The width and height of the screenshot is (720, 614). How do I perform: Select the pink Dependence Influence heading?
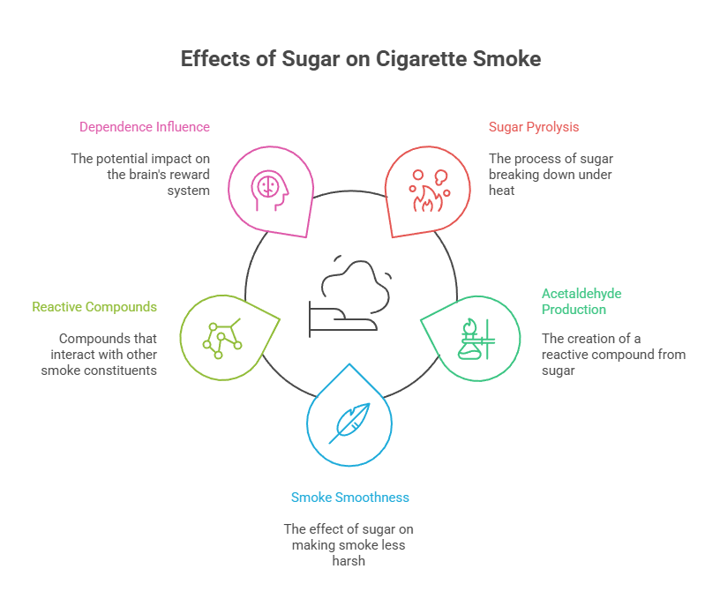[x=144, y=126]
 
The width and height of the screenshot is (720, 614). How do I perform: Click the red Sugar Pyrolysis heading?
[x=534, y=126]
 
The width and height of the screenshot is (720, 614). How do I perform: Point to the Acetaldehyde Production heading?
[x=581, y=301]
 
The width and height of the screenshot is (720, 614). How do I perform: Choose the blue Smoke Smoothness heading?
[x=349, y=498]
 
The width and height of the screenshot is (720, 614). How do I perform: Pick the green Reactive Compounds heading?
[x=94, y=307]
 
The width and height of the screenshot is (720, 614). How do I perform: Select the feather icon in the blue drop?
[x=349, y=423]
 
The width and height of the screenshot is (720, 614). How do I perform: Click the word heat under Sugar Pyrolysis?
[x=501, y=191]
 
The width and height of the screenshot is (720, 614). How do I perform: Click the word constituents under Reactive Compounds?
[x=123, y=371]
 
